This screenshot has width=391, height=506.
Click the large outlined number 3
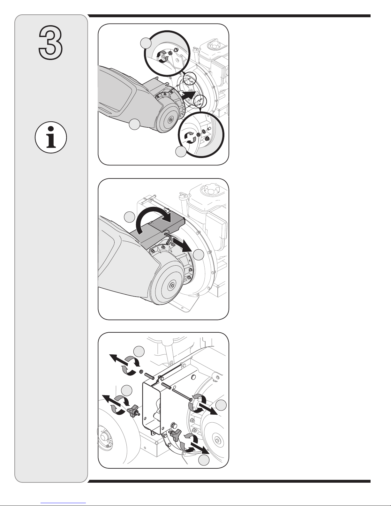point(50,42)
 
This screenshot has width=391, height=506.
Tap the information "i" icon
point(51,137)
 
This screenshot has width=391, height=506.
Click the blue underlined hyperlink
point(63,503)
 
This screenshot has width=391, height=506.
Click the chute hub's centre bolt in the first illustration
point(171,120)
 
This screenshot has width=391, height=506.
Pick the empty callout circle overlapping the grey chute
point(134,125)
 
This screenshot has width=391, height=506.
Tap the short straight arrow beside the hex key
point(183,246)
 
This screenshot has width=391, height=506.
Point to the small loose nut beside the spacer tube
point(141,372)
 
